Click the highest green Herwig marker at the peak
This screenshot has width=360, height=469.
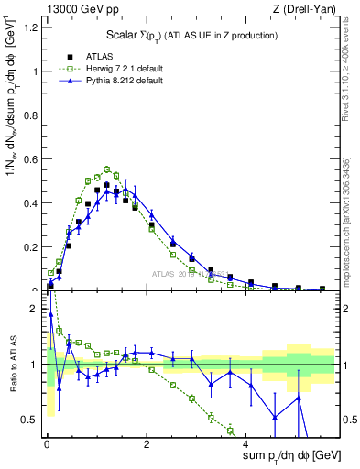[107, 169]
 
